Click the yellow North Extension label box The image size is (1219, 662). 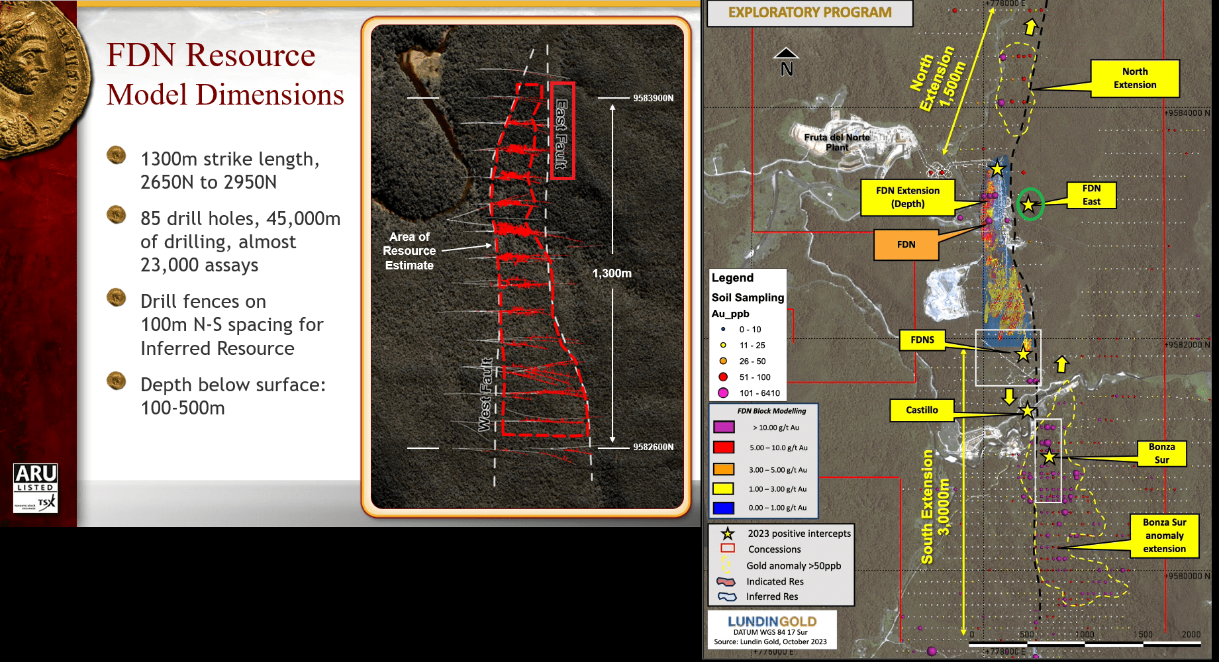[1135, 78]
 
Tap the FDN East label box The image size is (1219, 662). [1091, 195]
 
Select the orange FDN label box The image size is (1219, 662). [906, 244]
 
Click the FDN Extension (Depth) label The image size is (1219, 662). [908, 197]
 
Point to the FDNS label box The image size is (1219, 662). [922, 340]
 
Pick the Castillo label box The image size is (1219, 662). [922, 410]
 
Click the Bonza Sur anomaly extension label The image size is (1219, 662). [1164, 536]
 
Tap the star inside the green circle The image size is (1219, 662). [1028, 205]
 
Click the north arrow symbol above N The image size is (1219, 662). [786, 53]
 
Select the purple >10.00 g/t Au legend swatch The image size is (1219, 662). [724, 427]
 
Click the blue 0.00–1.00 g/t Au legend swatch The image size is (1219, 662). [724, 508]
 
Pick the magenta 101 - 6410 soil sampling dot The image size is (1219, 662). [723, 393]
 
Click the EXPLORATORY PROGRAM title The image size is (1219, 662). [810, 13]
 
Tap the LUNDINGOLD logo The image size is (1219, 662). [772, 622]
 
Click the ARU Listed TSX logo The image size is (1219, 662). [36, 488]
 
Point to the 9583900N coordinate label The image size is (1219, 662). [653, 98]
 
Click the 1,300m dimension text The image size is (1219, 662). [612, 273]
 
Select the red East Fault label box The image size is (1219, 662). [563, 130]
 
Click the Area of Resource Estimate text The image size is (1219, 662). [409, 251]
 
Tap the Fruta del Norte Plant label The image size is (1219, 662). [837, 142]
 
